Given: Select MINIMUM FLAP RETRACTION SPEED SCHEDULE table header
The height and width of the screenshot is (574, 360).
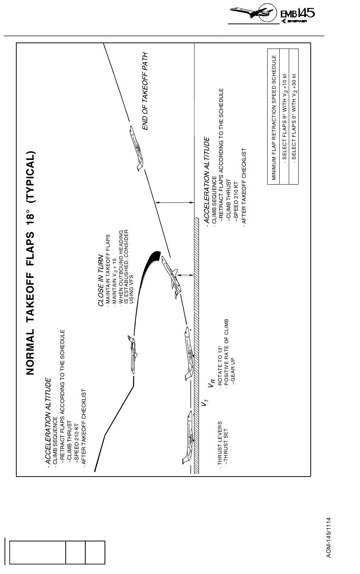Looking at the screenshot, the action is [274, 117].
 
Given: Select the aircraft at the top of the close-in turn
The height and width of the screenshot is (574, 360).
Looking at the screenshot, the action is [132, 354].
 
